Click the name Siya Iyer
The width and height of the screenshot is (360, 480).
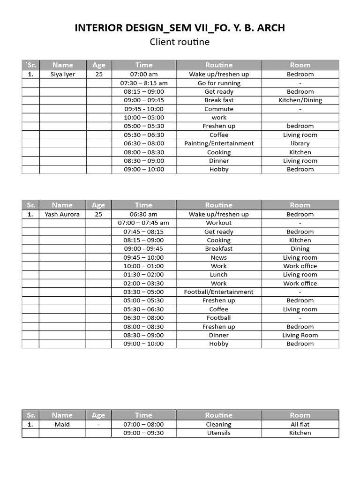[x=63, y=74]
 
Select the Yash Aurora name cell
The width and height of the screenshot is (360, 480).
[x=62, y=214]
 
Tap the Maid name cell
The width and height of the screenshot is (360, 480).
[x=62, y=424]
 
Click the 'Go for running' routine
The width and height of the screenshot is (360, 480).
[x=219, y=83]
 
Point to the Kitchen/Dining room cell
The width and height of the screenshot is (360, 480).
[x=300, y=100]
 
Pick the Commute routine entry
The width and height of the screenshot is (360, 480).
[x=219, y=109]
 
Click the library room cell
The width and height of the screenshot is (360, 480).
[x=300, y=143]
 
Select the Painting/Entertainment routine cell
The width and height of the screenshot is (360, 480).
[x=219, y=143]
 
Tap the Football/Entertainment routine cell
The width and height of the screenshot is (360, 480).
[x=219, y=292]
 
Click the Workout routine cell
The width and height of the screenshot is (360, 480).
[x=219, y=223]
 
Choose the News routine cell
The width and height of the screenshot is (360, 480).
[x=219, y=257]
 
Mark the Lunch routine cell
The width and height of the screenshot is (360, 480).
[x=219, y=275]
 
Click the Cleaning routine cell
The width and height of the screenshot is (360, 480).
[x=219, y=424]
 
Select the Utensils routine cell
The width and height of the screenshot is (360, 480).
[x=219, y=433]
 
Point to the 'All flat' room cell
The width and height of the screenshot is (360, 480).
[x=300, y=424]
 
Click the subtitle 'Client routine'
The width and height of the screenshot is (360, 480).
[x=180, y=42]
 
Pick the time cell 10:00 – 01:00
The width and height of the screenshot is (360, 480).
[x=144, y=266]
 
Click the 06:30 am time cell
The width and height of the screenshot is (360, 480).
[x=144, y=214]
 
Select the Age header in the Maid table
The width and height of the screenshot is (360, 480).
[x=98, y=415]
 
